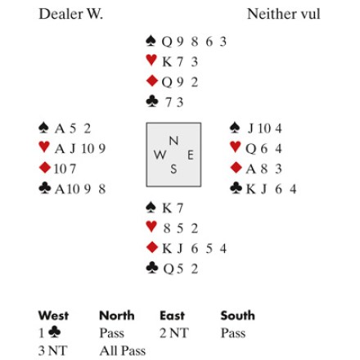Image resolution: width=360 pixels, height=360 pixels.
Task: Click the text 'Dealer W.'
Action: (x=71, y=14)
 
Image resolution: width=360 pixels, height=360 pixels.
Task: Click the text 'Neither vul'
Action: (x=283, y=14)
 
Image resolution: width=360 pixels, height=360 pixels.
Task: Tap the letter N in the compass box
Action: (x=173, y=141)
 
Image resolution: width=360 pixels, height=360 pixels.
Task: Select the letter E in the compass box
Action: (x=191, y=155)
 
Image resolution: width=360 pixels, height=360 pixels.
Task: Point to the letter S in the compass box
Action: (x=173, y=169)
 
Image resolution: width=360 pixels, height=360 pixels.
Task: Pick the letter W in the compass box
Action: (x=160, y=155)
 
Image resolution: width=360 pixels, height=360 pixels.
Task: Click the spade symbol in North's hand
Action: (x=151, y=41)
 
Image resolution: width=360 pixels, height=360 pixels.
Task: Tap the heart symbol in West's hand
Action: (x=44, y=146)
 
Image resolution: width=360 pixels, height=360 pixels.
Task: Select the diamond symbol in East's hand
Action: (x=236, y=168)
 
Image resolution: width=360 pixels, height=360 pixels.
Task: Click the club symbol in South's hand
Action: (x=152, y=268)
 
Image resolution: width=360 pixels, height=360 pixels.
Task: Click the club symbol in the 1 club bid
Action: (x=55, y=332)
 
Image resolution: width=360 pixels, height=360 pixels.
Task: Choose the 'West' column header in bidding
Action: (x=53, y=316)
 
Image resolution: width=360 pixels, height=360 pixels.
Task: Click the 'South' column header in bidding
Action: (x=238, y=316)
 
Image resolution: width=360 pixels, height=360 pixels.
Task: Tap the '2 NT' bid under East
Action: (x=174, y=333)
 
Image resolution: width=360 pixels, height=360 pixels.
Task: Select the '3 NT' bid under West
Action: (x=52, y=350)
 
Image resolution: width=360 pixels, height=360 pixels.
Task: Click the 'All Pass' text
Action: (x=123, y=350)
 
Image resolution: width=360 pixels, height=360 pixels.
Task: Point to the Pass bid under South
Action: (x=233, y=333)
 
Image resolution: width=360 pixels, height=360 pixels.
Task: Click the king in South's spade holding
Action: (x=167, y=208)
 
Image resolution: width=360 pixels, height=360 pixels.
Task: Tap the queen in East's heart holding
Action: (x=250, y=149)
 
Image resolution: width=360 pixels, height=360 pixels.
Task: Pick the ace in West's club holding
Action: (x=60, y=189)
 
